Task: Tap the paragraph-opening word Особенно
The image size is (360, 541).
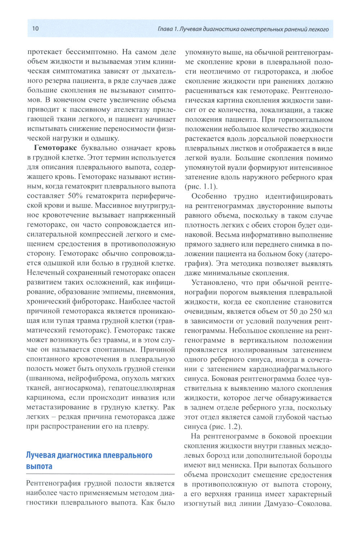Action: tap(210, 196)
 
